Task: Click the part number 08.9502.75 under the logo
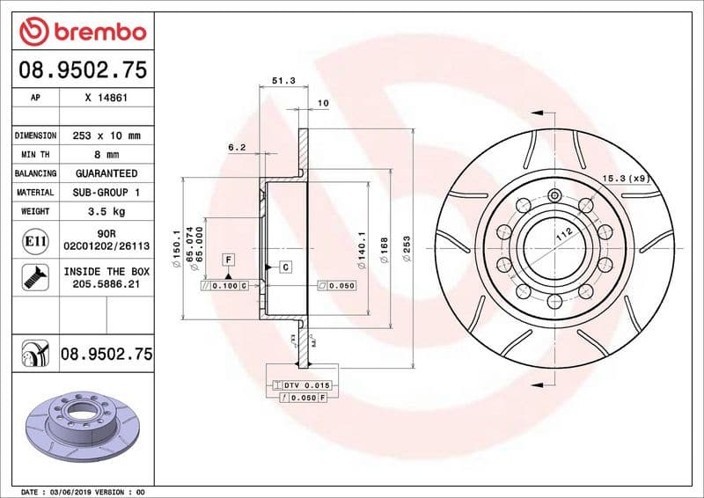(x=81, y=70)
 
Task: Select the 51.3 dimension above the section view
(x=282, y=80)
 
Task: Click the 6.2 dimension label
(x=236, y=148)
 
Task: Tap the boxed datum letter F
(x=228, y=260)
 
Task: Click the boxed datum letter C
(x=287, y=266)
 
